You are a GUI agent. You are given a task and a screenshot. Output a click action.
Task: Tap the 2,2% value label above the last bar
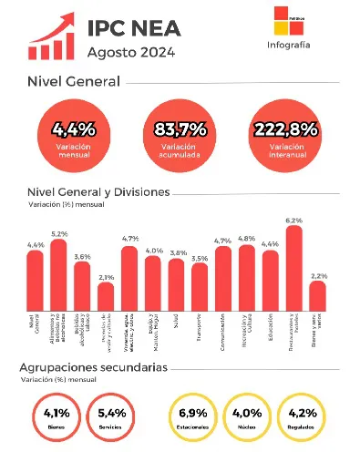tap(318, 275)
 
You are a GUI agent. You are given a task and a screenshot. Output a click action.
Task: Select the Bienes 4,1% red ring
tap(57, 416)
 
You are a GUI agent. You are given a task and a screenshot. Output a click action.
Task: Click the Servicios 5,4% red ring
tap(111, 416)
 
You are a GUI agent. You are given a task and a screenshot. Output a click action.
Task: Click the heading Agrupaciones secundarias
tap(93, 366)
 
